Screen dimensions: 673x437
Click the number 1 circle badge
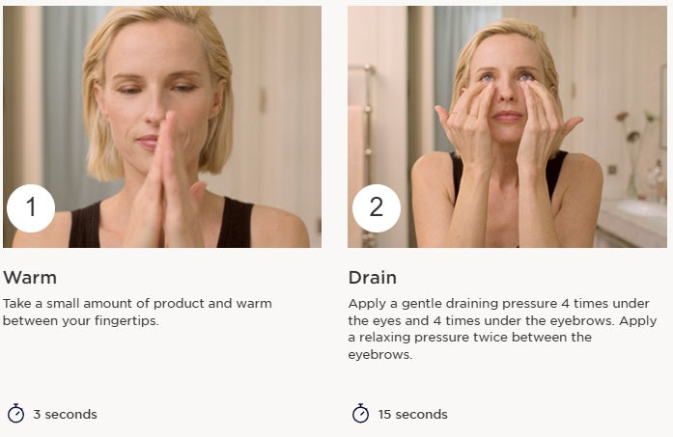tap(31, 208)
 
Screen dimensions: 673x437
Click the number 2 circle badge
tap(377, 208)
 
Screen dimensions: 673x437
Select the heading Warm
tap(30, 278)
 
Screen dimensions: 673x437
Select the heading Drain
tap(372, 278)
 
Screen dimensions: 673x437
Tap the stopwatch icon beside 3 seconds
tap(15, 414)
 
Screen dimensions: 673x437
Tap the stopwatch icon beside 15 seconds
tap(360, 414)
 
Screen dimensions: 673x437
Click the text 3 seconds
tap(65, 414)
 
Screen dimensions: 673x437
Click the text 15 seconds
tap(412, 414)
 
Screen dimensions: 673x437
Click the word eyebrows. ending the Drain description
tap(379, 355)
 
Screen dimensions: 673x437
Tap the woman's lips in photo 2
tap(508, 116)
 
